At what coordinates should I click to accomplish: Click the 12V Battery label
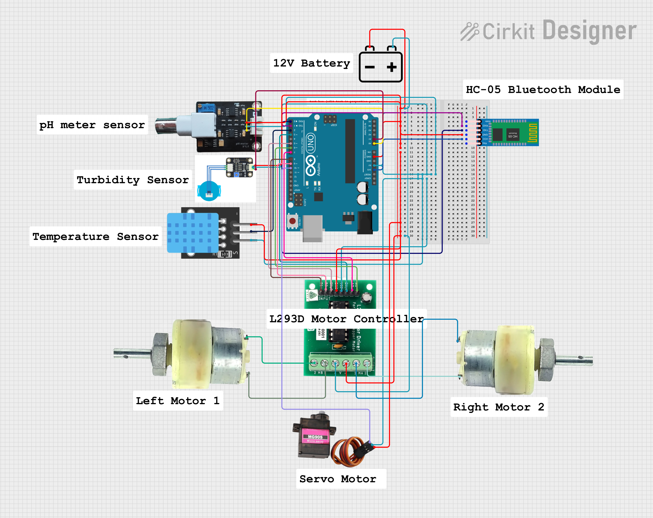coord(311,63)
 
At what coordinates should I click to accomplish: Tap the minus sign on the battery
coord(370,67)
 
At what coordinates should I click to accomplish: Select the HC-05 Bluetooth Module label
coord(543,90)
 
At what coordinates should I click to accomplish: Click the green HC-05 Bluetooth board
coord(512,133)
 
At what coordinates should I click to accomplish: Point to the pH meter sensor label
coord(92,125)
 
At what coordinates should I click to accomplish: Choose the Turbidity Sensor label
coord(133,180)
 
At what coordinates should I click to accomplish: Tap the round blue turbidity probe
coord(209,191)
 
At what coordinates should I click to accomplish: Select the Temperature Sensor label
coord(95,237)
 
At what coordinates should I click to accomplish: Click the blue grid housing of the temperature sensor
coord(193,233)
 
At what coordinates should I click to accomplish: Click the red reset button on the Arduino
coord(292,221)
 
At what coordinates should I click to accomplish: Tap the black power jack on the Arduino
coord(365,223)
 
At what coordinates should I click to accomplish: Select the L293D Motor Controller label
coord(346,319)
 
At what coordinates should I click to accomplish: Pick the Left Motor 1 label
coord(178,401)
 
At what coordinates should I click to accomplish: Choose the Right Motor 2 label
coord(499,407)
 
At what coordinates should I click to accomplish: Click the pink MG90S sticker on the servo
coord(315,437)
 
